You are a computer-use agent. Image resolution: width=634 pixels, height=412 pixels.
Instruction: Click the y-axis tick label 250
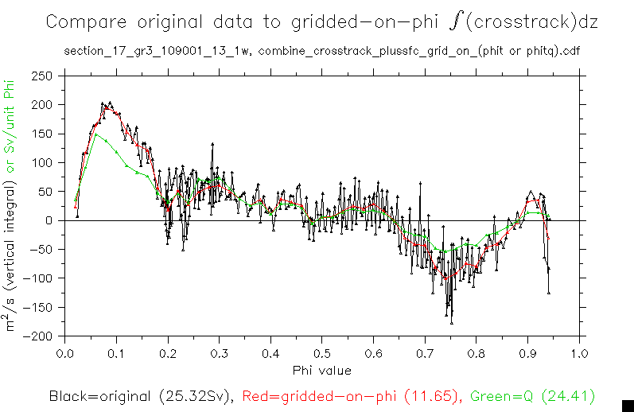pos(42,76)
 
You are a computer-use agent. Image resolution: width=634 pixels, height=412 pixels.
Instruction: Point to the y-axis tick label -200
pos(40,336)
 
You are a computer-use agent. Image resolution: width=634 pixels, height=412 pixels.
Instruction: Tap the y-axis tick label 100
pos(42,162)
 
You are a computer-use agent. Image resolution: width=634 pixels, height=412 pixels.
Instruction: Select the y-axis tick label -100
pos(40,278)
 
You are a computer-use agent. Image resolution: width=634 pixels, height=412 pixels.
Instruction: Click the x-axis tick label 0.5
pos(321,352)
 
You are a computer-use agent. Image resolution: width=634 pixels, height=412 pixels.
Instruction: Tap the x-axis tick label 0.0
pos(64,352)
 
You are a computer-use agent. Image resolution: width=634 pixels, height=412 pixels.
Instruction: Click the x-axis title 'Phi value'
pos(321,370)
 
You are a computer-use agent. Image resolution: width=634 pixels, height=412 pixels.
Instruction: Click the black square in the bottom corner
pos(626,405)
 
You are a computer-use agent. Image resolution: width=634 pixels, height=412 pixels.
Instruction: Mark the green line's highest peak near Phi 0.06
pos(96,134)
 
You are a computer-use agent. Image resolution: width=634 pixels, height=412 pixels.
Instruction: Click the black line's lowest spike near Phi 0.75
pos(451,323)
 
